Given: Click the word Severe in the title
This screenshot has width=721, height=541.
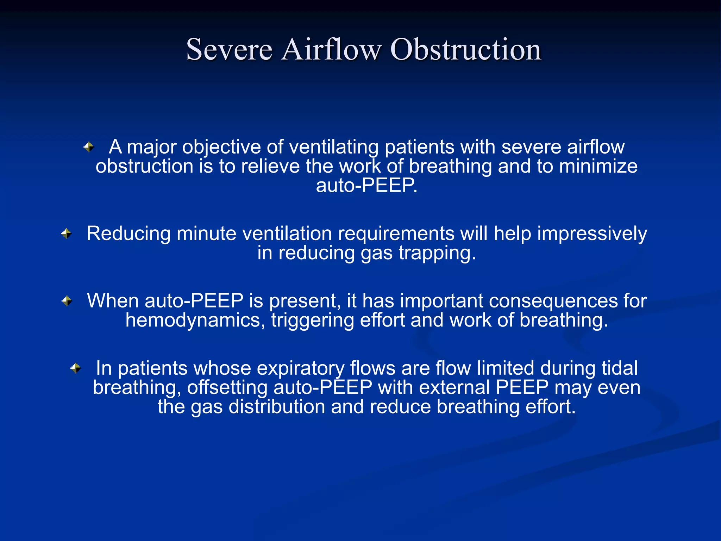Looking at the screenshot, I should [229, 50].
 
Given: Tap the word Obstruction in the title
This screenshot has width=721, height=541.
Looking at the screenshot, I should [466, 50].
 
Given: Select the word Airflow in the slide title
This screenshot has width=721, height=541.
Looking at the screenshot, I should [331, 50].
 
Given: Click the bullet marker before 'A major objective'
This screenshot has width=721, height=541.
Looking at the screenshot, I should [89, 147].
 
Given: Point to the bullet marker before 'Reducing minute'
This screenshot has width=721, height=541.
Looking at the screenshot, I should [66, 233].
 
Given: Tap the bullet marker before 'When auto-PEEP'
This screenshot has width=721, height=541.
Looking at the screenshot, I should [67, 301].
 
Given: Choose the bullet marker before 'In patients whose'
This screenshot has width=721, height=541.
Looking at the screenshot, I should [76, 368].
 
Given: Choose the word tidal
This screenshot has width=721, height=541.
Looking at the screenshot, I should [620, 368].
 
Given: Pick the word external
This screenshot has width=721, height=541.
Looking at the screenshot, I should [454, 387].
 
